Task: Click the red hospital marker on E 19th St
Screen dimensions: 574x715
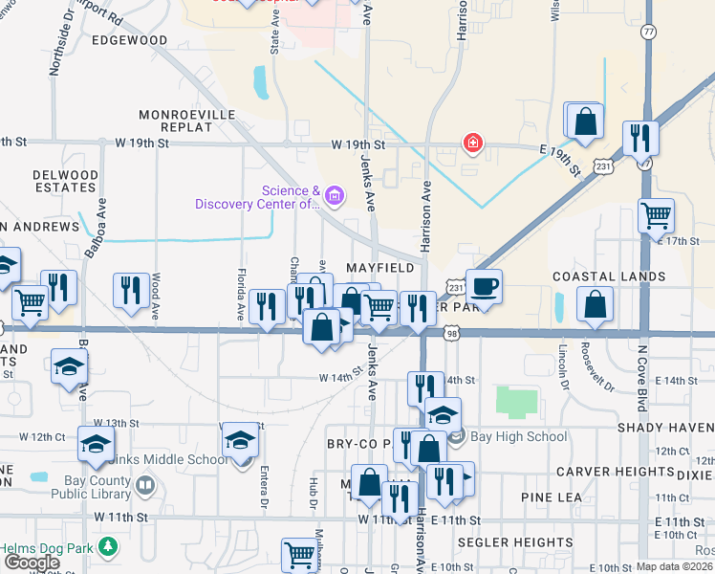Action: (471, 143)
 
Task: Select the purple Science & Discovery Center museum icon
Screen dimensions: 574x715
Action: (334, 197)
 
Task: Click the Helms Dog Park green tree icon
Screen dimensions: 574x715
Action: (110, 546)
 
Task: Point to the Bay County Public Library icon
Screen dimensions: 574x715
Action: (144, 486)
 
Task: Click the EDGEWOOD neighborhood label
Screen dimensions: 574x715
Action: (129, 41)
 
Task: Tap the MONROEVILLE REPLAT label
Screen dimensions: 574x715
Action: (187, 120)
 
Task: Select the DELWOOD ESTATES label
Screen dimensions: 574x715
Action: (65, 182)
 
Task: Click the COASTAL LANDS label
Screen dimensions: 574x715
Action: (609, 276)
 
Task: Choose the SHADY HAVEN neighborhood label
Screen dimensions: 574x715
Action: (665, 428)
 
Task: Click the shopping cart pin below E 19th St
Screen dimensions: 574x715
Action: (656, 215)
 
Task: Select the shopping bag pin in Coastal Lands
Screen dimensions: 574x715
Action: (595, 304)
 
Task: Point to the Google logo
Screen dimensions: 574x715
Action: (32, 563)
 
